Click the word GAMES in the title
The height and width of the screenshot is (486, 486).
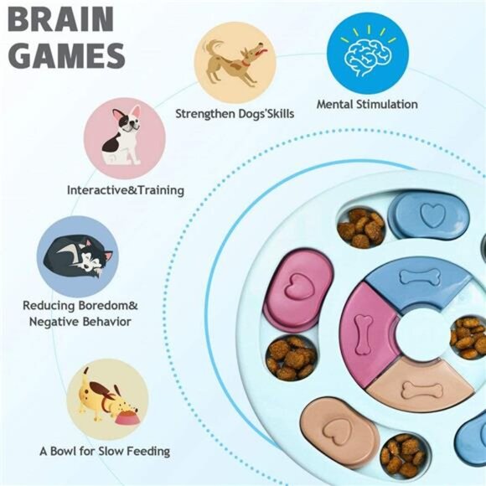tap(66, 54)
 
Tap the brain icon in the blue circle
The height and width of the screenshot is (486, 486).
tap(366, 51)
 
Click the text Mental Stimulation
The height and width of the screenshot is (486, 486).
tap(366, 105)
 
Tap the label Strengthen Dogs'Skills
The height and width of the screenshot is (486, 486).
tap(234, 112)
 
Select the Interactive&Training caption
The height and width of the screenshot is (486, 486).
tap(125, 190)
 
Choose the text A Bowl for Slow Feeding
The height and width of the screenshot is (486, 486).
tap(105, 451)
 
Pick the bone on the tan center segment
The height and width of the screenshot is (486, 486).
tap(422, 389)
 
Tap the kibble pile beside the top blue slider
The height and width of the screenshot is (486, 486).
tap(362, 226)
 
